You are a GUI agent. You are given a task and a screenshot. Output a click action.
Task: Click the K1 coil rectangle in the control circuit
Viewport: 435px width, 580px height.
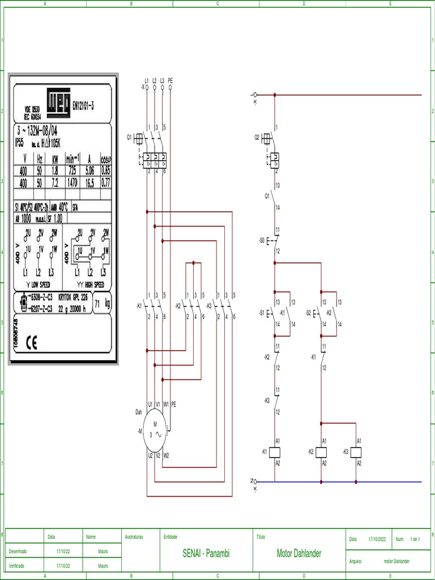pyautogui.click(x=275, y=452)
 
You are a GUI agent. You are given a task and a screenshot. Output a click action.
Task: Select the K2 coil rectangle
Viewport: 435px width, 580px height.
pyautogui.click(x=322, y=452)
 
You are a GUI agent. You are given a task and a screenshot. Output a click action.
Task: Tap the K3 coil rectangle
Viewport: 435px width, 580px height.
pyautogui.click(x=356, y=452)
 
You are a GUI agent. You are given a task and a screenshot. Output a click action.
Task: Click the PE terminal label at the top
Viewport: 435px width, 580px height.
pyautogui.click(x=170, y=81)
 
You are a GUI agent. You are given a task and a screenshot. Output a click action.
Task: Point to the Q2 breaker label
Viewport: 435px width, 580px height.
pyautogui.click(x=257, y=137)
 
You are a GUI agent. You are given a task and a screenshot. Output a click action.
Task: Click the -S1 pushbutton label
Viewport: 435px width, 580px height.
pyautogui.click(x=261, y=313)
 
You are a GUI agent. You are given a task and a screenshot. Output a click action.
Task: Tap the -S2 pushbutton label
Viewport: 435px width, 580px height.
pyautogui.click(x=308, y=313)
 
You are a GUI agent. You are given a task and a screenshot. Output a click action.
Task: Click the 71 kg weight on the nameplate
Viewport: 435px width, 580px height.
pyautogui.click(x=102, y=303)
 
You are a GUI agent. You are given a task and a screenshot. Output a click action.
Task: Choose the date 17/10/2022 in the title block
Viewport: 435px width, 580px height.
pyautogui.click(x=377, y=540)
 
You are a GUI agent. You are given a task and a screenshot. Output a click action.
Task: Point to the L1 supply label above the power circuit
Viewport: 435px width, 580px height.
pyautogui.click(x=147, y=81)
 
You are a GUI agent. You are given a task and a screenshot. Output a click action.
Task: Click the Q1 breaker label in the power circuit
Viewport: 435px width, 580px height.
pyautogui.click(x=129, y=137)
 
